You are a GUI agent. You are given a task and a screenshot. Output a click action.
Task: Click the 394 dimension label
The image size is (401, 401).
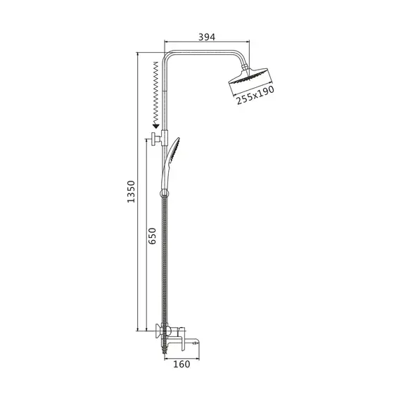pyautogui.click(x=207, y=37)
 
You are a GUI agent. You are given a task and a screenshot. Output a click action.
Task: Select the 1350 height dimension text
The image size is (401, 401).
pyautogui.click(x=131, y=191)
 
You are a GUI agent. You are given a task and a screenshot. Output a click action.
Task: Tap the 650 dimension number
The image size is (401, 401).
pyautogui.click(x=152, y=236)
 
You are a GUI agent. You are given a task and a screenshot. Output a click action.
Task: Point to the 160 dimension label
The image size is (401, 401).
pyautogui.click(x=182, y=364)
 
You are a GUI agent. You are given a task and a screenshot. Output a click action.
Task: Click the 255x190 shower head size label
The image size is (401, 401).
pyautogui.click(x=255, y=95)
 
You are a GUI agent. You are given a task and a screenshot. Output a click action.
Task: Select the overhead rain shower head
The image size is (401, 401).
pyautogui.click(x=248, y=76)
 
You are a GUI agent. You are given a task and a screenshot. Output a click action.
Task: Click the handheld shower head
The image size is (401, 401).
pyautogui.click(x=170, y=164)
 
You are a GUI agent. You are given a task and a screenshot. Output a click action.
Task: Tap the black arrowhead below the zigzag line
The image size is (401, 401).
pyautogui.click(x=155, y=126)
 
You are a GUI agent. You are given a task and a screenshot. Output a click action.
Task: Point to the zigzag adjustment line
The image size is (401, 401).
pyautogui.click(x=155, y=93)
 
